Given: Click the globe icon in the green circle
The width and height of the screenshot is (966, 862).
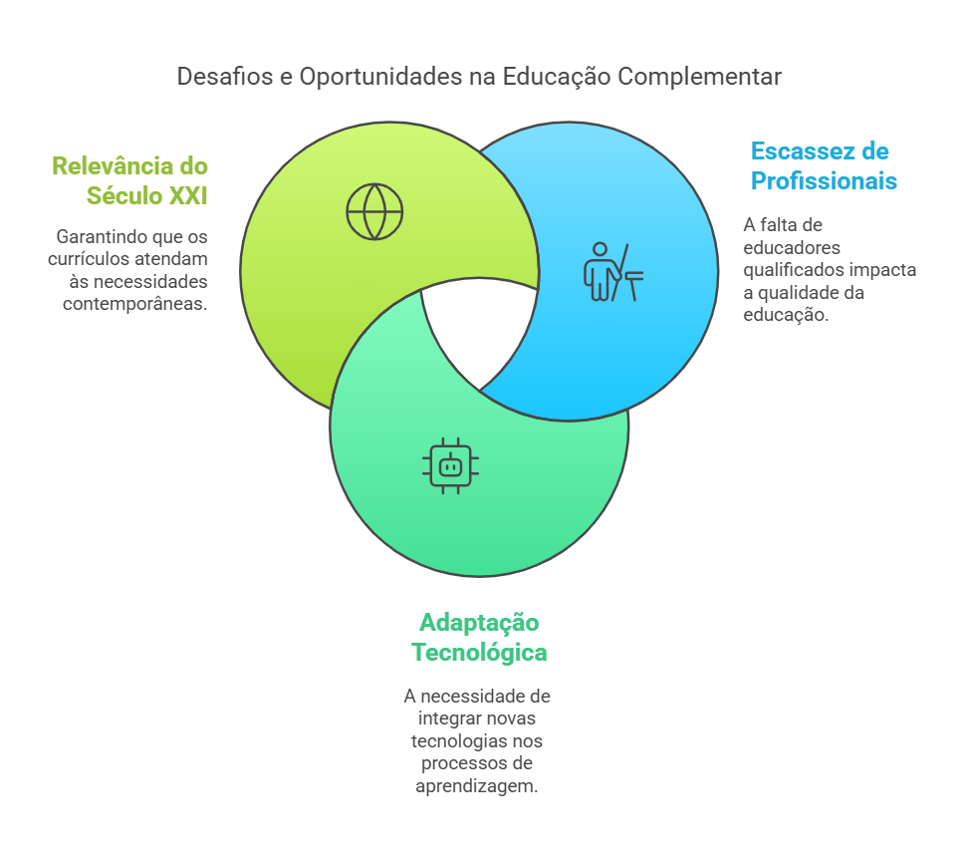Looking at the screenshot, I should [374, 211].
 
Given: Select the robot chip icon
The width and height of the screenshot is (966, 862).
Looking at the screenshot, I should [450, 464].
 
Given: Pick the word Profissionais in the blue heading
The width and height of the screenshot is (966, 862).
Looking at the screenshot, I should [824, 181].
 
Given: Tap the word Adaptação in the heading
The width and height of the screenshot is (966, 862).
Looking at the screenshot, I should [479, 623].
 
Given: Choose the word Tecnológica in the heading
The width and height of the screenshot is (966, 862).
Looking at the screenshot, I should [479, 653].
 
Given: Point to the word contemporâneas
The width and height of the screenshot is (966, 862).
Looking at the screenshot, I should [135, 304].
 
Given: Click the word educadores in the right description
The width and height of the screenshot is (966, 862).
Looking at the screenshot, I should [793, 247].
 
